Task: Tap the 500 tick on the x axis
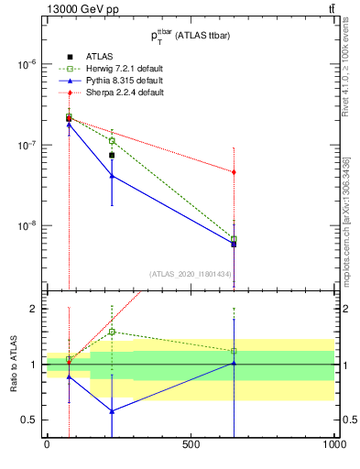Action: click(x=191, y=444)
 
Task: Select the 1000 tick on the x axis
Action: click(x=334, y=444)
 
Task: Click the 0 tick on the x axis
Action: click(x=47, y=444)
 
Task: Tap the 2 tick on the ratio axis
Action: click(x=34, y=309)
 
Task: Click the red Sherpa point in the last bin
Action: click(x=235, y=172)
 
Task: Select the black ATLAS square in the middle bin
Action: click(x=112, y=155)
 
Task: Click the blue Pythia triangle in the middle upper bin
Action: click(x=112, y=176)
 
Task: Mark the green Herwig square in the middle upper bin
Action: click(x=112, y=141)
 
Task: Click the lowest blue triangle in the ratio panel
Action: click(x=112, y=411)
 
